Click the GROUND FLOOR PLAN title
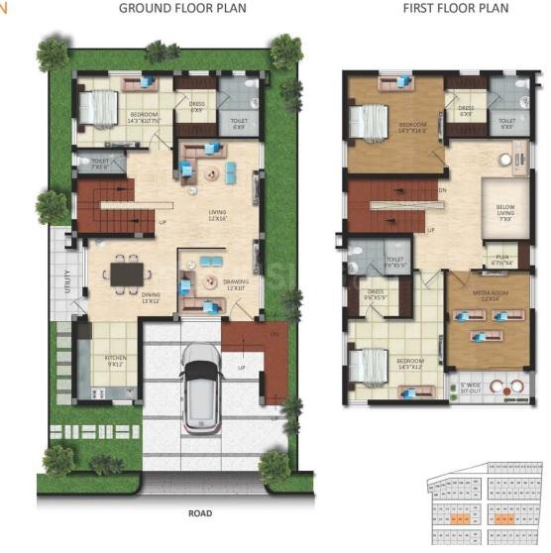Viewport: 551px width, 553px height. point(182,9)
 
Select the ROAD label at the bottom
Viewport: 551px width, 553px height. point(200,514)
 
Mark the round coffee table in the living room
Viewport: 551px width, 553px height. point(210,173)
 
